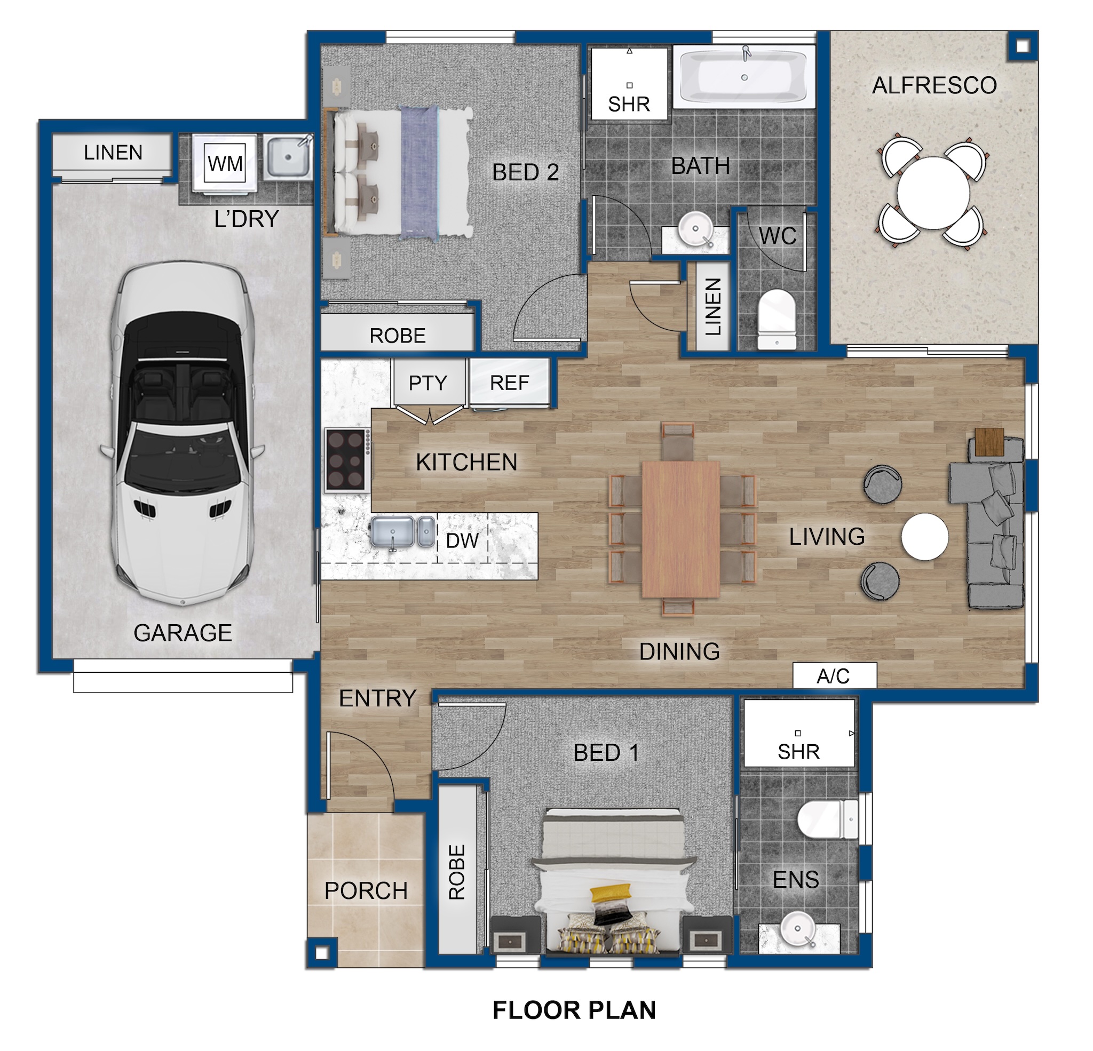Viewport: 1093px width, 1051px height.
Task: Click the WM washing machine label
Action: (x=225, y=163)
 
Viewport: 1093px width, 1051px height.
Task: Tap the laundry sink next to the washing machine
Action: (x=288, y=157)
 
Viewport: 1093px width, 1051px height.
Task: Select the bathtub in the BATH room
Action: (x=744, y=77)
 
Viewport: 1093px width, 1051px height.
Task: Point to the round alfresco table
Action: (x=933, y=193)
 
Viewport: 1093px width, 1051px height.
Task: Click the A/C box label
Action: (x=834, y=676)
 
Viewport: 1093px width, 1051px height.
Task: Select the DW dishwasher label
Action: (x=462, y=540)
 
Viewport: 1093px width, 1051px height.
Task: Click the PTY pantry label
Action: (x=427, y=383)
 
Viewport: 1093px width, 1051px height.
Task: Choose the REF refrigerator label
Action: (x=509, y=383)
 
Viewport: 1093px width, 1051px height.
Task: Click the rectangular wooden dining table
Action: (x=680, y=529)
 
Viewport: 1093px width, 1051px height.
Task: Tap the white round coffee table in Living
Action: (x=924, y=536)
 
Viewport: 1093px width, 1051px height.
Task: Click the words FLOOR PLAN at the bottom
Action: (x=574, y=1010)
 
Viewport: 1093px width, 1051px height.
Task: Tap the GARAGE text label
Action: (x=183, y=633)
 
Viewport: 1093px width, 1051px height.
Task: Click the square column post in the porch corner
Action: (x=322, y=953)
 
